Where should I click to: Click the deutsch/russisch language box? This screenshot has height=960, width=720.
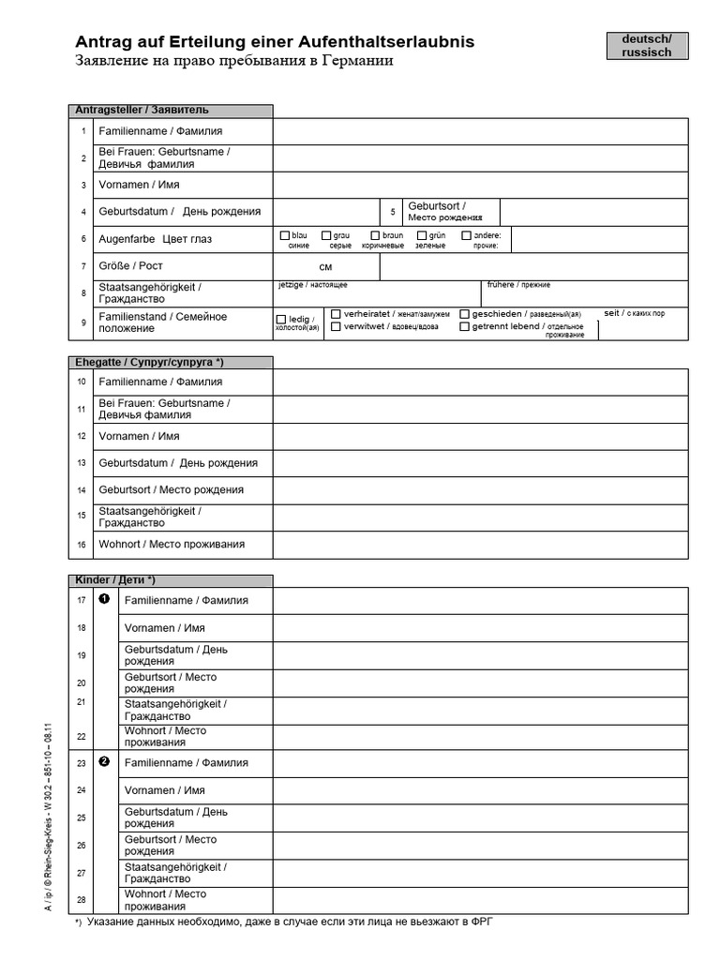pyautogui.click(x=646, y=46)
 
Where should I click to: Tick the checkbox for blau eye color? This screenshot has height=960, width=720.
pyautogui.click(x=285, y=235)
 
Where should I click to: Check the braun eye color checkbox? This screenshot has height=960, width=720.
pyautogui.click(x=375, y=235)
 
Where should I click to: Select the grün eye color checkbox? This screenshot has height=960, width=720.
pyautogui.click(x=422, y=235)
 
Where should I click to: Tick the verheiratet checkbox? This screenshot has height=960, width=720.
pyautogui.click(x=336, y=313)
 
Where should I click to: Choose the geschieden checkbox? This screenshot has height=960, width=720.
pyautogui.click(x=464, y=313)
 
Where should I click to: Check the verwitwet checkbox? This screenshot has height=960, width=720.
pyautogui.click(x=336, y=326)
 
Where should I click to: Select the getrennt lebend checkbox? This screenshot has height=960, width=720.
pyautogui.click(x=464, y=326)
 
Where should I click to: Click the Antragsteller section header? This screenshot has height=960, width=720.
pyautogui.click(x=172, y=111)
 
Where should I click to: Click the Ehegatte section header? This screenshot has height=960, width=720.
pyautogui.click(x=172, y=362)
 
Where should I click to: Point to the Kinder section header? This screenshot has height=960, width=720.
pyautogui.click(x=172, y=580)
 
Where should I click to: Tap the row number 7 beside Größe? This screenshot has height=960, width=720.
pyautogui.click(x=83, y=266)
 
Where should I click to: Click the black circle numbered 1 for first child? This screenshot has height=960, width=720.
pyautogui.click(x=104, y=599)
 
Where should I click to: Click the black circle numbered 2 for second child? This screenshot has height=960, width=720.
pyautogui.click(x=104, y=761)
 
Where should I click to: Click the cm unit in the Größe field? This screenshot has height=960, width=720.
pyautogui.click(x=325, y=267)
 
